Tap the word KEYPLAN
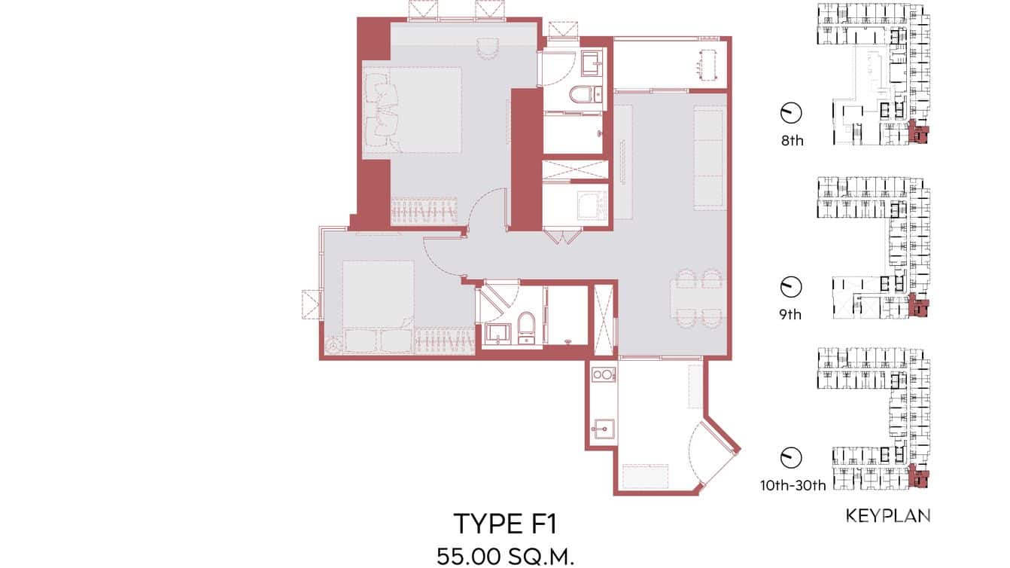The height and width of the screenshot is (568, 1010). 888,516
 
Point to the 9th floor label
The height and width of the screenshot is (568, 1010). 790,314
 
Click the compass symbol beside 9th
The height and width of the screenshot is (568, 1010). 790,286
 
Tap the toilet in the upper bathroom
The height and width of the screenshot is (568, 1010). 580,94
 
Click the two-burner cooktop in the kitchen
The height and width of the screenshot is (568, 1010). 602,374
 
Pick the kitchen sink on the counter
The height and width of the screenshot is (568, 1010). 602,430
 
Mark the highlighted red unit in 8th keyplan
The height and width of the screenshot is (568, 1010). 918,133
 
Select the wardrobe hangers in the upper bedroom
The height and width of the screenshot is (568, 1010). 424,212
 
